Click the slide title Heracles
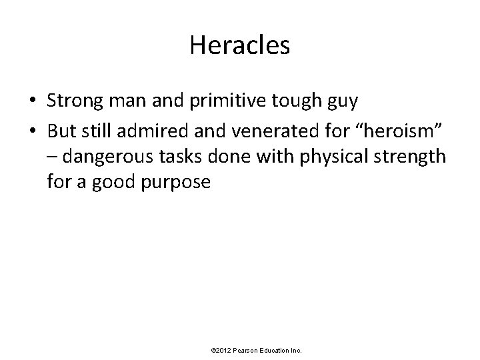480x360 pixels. (239, 46)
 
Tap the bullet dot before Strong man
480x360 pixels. (32, 102)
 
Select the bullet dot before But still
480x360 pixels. (32, 129)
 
